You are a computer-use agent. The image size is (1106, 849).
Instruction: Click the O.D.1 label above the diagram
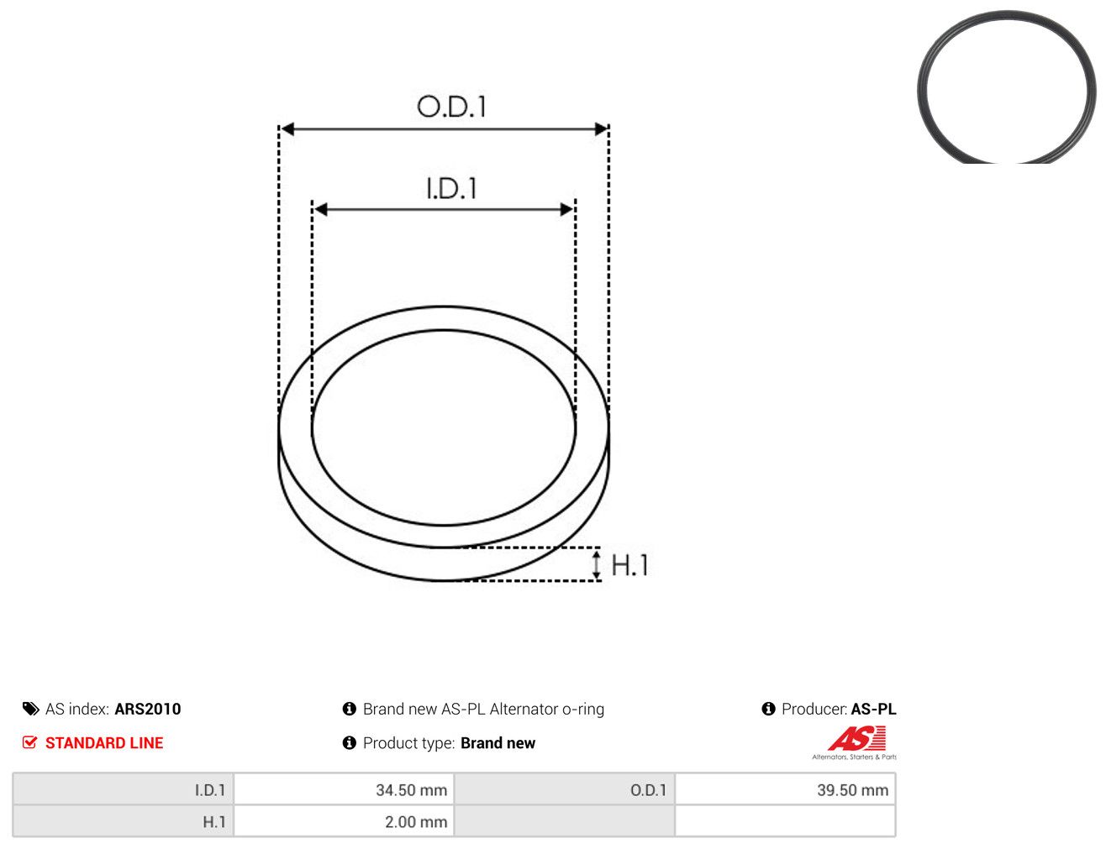pyautogui.click(x=451, y=107)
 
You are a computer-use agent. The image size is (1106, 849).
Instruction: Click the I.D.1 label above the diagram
pyautogui.click(x=451, y=188)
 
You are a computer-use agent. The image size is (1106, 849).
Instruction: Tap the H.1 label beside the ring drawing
pyautogui.click(x=629, y=564)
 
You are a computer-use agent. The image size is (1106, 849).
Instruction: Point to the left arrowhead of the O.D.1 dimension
pyautogui.click(x=287, y=128)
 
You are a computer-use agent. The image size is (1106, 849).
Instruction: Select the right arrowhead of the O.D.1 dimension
pyautogui.click(x=601, y=128)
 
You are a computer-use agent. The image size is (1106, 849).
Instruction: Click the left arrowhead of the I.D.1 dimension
pyautogui.click(x=321, y=209)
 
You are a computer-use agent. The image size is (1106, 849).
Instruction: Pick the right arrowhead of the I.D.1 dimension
pyautogui.click(x=566, y=209)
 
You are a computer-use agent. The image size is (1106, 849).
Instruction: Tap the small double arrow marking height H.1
pyautogui.click(x=596, y=563)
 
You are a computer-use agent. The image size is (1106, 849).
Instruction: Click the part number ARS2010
pyautogui.click(x=148, y=709)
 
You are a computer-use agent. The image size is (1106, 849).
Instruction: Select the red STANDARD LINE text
pyautogui.click(x=104, y=742)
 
